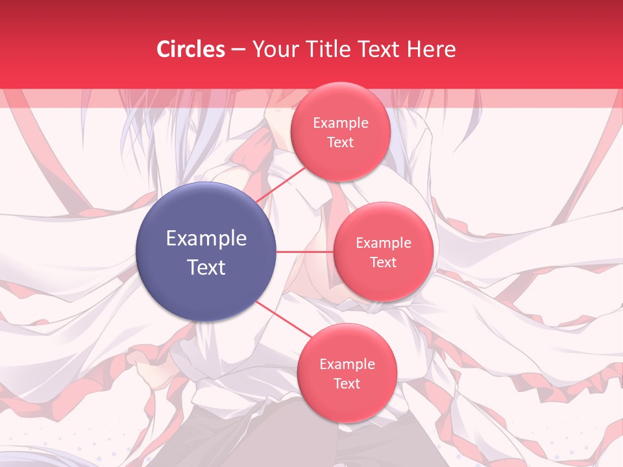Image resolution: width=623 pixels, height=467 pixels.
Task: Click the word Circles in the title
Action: [x=191, y=49]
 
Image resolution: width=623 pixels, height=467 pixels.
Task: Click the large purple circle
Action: [x=206, y=252]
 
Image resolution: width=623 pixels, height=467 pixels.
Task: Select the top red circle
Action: [x=340, y=132]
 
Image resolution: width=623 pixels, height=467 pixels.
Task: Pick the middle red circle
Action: [x=384, y=252]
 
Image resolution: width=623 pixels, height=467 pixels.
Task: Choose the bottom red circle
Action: [x=347, y=373]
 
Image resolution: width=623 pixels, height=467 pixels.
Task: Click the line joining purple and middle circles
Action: [x=305, y=252]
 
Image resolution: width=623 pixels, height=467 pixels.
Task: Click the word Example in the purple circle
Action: [x=206, y=239]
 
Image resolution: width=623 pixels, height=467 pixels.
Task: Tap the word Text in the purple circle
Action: [x=206, y=267]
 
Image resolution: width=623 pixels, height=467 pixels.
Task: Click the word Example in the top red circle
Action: [x=341, y=123]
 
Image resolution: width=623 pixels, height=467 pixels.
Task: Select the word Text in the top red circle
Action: [x=340, y=142]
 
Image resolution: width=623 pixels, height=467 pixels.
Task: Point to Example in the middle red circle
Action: [x=384, y=243]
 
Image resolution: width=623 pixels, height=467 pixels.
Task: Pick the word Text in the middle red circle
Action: [x=383, y=262]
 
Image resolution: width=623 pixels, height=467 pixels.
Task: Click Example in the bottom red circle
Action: [x=347, y=365]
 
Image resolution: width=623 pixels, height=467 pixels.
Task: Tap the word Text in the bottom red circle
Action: [x=347, y=383]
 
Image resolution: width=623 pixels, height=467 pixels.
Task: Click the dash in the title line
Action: [x=238, y=50]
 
